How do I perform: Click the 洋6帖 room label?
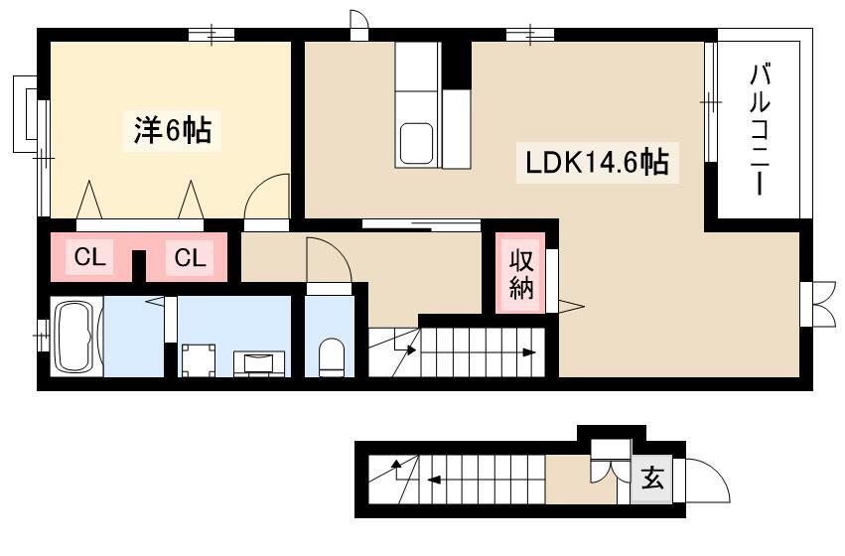pos(173,130)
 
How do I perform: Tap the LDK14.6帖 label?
pos(597,162)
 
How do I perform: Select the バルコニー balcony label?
pos(759,129)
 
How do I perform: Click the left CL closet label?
pos(90,257)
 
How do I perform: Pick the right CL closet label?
pos(190,257)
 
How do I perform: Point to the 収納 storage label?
pos(521,275)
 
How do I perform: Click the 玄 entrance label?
pos(652,478)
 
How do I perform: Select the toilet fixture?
pos(331,357)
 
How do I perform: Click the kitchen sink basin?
pos(415,143)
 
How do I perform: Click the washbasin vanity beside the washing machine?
pos(259,363)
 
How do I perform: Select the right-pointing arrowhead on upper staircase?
pos(529,352)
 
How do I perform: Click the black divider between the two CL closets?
pos(139,265)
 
